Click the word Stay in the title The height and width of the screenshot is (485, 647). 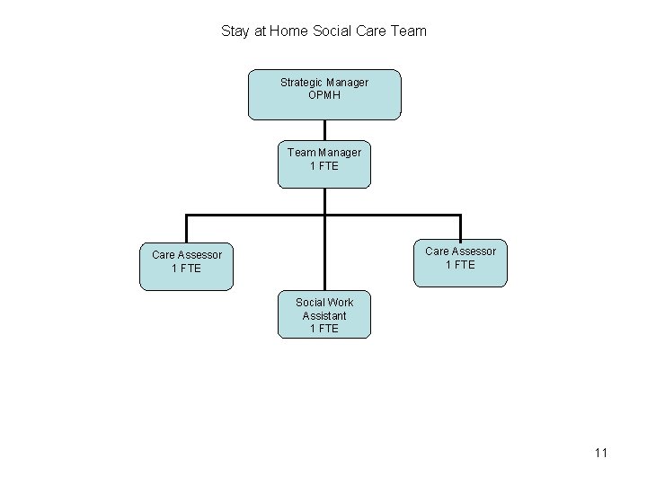click(235, 31)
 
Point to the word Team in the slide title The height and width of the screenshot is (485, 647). click(410, 31)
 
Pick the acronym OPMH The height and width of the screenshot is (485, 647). click(324, 95)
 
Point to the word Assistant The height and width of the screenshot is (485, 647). click(324, 316)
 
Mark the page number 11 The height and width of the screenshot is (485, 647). click(601, 453)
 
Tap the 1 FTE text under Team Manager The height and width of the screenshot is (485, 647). click(324, 166)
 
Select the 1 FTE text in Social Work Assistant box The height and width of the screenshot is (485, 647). click(324, 329)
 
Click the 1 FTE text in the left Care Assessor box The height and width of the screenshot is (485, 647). click(187, 269)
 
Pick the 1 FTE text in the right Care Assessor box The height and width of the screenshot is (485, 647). click(461, 264)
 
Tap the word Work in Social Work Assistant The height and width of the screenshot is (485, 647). click(341, 303)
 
